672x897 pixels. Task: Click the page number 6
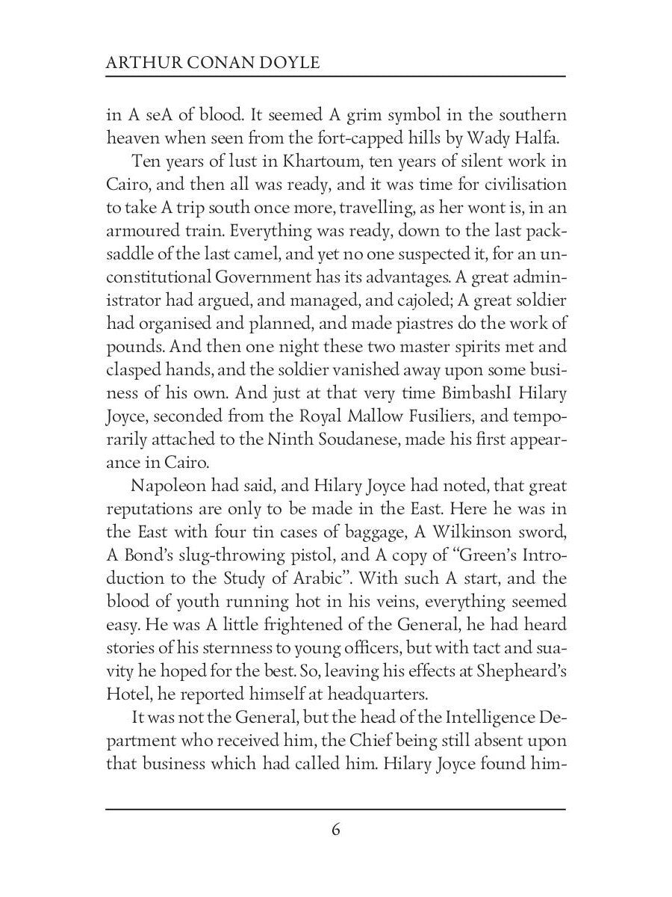tap(335, 830)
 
